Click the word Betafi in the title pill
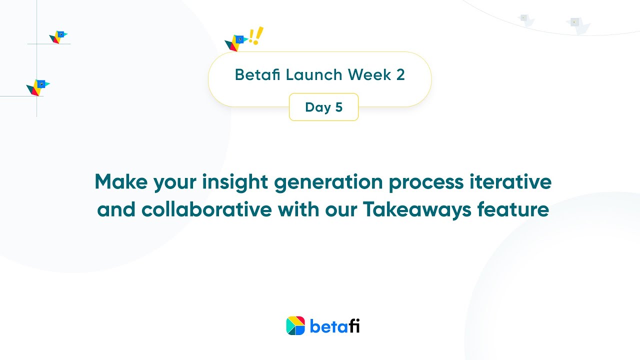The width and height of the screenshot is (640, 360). pos(257,75)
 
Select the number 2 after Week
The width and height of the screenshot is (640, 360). pos(400,75)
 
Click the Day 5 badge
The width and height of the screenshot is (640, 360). pos(323,107)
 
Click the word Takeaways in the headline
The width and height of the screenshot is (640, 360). pos(417,209)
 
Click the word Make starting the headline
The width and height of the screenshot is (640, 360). pos(120,181)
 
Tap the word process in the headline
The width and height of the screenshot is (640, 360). pos(426,181)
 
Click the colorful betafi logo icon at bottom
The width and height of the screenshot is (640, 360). pos(295,325)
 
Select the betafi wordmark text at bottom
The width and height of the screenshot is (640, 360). pos(334,326)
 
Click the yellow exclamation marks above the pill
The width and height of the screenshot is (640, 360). pos(256,36)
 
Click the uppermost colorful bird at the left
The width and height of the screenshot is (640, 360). pos(58,36)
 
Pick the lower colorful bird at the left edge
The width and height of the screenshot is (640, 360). pos(38,87)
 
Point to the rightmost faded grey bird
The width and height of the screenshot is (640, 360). pos(577,24)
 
